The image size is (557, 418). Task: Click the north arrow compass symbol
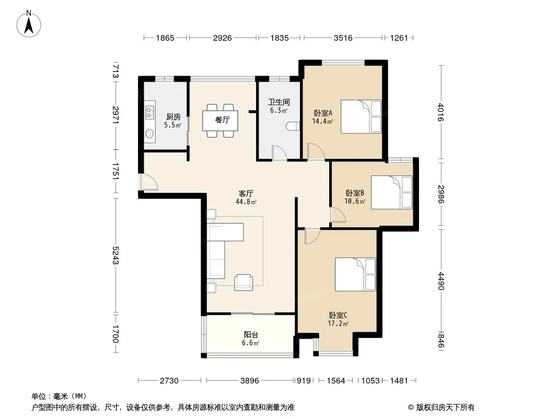[29, 24]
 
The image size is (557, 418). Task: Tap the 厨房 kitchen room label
[173, 117]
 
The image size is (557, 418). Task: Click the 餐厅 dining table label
[223, 120]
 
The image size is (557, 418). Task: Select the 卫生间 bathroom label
[279, 102]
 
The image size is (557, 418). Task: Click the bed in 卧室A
[361, 117]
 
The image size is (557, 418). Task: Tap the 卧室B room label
[355, 193]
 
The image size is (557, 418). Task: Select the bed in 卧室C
[356, 274]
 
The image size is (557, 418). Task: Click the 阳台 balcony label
[251, 334]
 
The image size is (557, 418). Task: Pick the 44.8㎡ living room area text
[246, 202]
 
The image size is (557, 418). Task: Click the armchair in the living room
[243, 283]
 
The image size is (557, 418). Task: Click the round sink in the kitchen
[150, 134]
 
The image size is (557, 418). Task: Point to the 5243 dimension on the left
[115, 255]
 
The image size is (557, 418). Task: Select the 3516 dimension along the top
[343, 38]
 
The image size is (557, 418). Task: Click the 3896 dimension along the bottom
[249, 381]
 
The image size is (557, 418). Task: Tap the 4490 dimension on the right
[441, 281]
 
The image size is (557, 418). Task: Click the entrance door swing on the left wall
[149, 182]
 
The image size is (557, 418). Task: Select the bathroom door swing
[279, 153]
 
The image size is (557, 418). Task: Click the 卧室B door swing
[338, 215]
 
